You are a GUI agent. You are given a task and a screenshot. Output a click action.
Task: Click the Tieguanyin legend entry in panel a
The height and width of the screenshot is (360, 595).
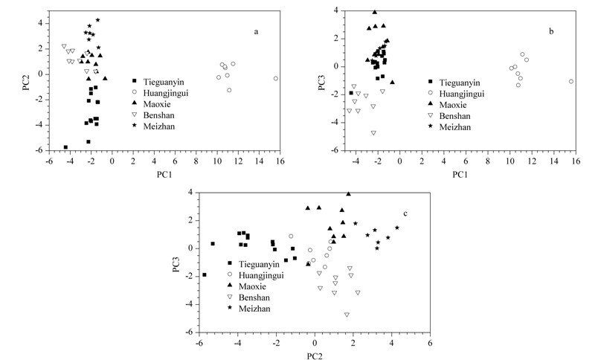(x=158, y=82)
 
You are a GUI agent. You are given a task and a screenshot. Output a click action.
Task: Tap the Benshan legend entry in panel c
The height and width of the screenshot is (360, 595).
(x=249, y=298)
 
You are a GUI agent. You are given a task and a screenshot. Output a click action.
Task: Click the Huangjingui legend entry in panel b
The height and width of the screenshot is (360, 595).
(x=455, y=93)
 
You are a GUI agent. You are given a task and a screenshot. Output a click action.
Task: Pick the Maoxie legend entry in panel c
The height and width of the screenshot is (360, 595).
(x=248, y=286)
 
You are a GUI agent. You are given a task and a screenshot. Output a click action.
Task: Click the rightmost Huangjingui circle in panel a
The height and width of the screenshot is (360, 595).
(x=276, y=79)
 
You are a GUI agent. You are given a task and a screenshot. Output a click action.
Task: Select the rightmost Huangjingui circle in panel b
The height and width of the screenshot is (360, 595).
(x=571, y=82)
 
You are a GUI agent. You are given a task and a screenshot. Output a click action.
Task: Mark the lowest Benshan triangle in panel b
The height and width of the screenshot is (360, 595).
(x=373, y=133)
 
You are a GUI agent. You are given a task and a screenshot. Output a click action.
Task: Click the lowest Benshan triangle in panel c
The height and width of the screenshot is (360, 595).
(x=347, y=315)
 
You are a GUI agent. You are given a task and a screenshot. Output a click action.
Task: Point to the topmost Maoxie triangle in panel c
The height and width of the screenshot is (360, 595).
(x=348, y=194)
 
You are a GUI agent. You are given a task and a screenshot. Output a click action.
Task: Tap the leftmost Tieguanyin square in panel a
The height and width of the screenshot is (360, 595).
(x=65, y=147)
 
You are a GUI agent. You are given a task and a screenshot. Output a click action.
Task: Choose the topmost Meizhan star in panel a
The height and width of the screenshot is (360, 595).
(x=97, y=20)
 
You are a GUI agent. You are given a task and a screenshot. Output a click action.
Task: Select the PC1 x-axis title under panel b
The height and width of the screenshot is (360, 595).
(x=460, y=175)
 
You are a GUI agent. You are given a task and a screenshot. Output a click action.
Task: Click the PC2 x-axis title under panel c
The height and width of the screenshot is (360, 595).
(x=315, y=356)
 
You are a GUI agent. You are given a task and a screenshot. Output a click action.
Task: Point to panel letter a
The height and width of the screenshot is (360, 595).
(x=256, y=32)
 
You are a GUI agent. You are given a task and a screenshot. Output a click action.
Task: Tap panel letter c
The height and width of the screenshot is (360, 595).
(x=405, y=214)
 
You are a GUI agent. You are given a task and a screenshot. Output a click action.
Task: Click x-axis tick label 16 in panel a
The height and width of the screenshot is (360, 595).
(x=280, y=161)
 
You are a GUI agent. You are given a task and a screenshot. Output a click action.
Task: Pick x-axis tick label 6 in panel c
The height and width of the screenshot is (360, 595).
(x=430, y=343)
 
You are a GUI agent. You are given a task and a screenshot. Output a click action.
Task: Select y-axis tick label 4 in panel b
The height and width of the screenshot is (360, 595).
(x=335, y=10)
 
